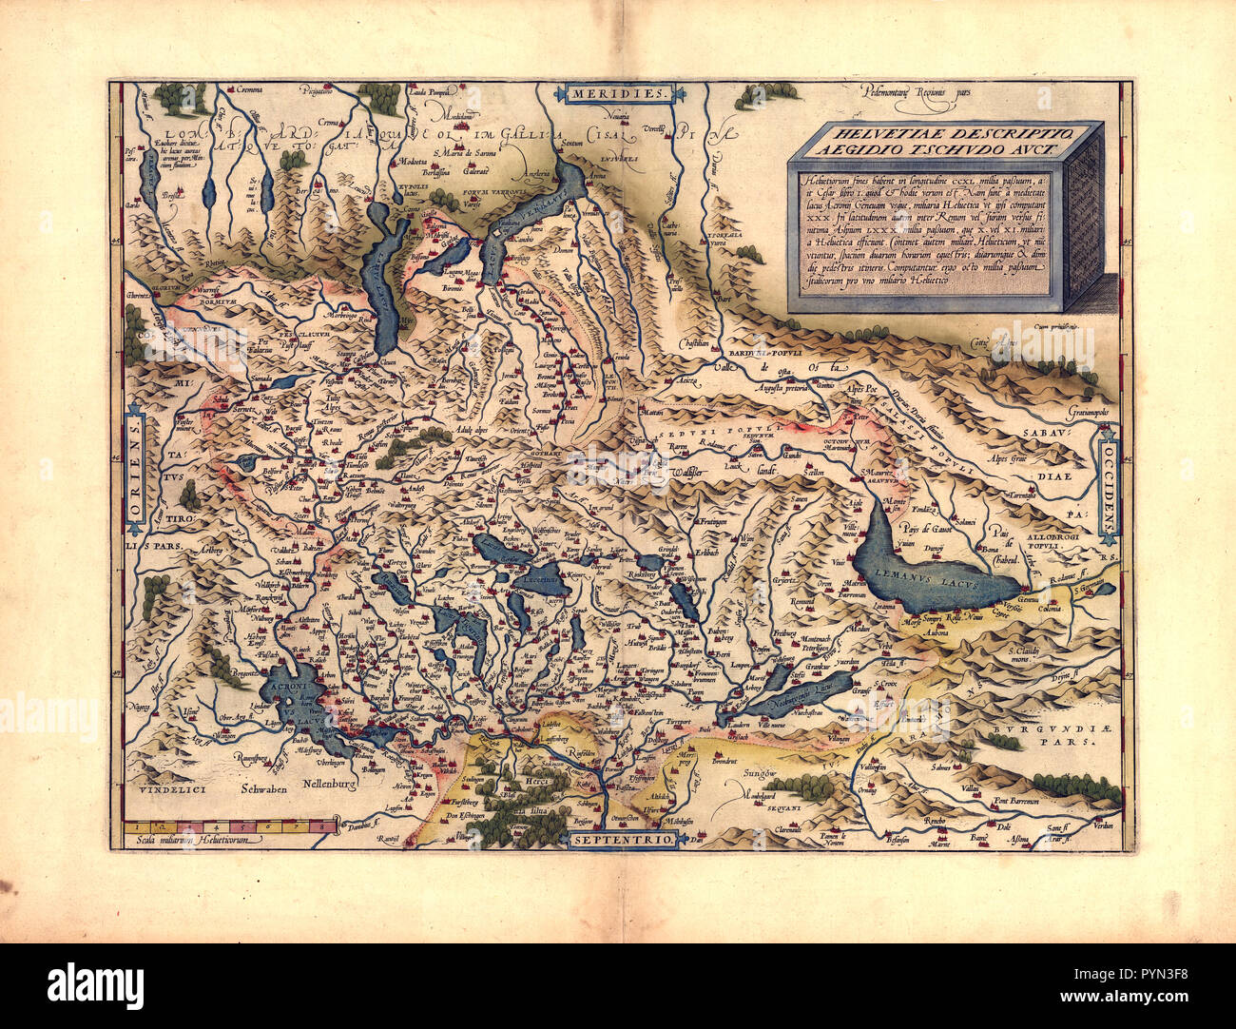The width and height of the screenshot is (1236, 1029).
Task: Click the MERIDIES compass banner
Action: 621,93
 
